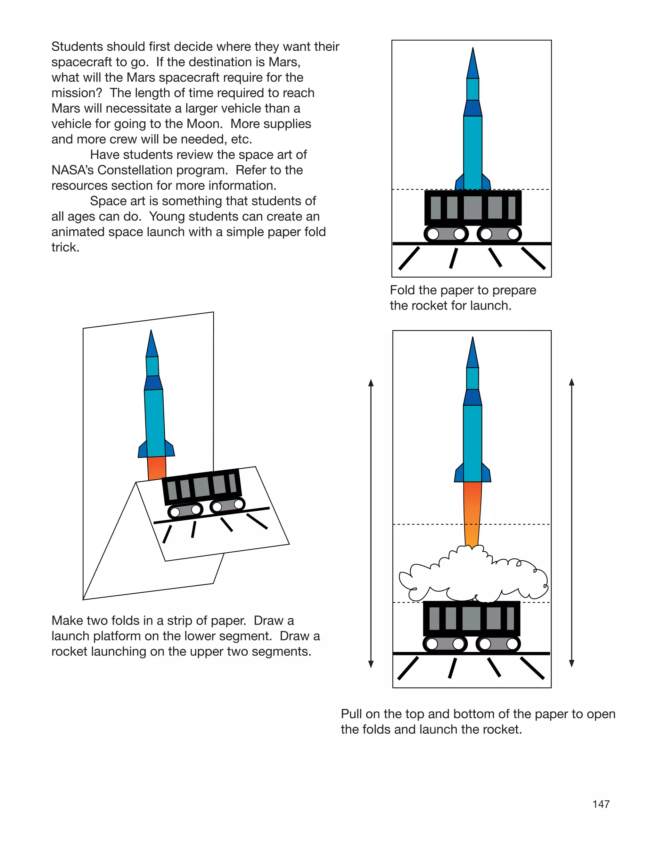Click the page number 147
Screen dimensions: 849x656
pyautogui.click(x=601, y=804)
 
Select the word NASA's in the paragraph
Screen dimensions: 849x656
pyautogui.click(x=72, y=170)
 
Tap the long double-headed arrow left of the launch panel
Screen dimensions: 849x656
pyautogui.click(x=371, y=523)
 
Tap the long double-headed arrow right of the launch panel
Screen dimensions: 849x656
pyautogui.click(x=571, y=523)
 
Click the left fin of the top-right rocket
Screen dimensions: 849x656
pyautogui.click(x=460, y=183)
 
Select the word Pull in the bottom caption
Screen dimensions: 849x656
pyautogui.click(x=351, y=714)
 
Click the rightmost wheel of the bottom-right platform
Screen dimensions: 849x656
pyautogui.click(x=512, y=644)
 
